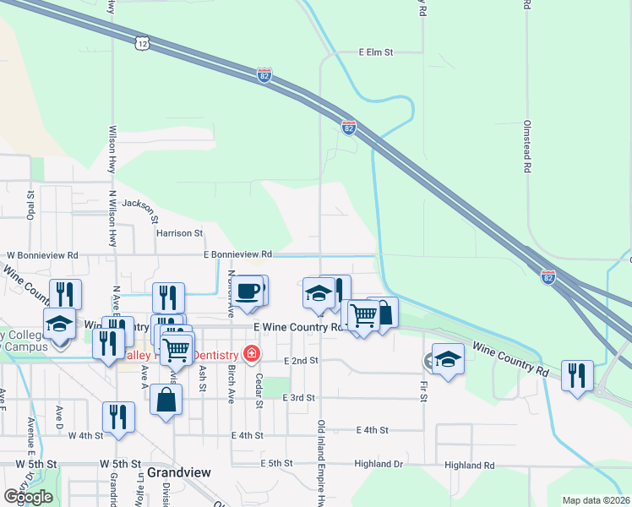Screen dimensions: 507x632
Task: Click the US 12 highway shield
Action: tap(142, 42)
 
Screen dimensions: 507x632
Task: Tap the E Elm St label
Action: tap(376, 52)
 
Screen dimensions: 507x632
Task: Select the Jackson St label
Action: tap(140, 204)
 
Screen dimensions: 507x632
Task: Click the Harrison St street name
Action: tap(179, 232)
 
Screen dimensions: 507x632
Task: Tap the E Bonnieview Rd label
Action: tap(237, 253)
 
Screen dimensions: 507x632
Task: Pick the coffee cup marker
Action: tap(247, 292)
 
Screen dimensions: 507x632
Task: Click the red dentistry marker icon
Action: tap(251, 353)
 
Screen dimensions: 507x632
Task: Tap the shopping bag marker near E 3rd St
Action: tap(166, 400)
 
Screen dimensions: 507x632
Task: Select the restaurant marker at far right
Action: tap(577, 374)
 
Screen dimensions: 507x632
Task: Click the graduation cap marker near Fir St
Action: tap(448, 358)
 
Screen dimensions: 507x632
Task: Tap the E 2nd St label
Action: tap(301, 360)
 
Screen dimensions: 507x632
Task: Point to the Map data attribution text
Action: tap(597, 500)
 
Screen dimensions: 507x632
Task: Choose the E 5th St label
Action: tap(275, 464)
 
